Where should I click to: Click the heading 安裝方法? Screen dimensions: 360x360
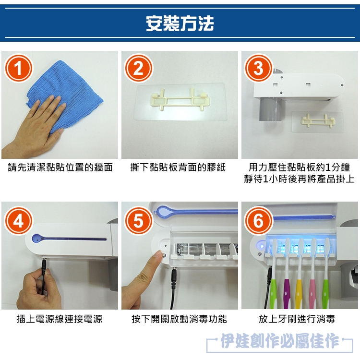tap(180, 23)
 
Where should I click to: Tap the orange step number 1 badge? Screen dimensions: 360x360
tap(19, 68)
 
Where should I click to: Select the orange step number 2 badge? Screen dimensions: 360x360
tap(138, 68)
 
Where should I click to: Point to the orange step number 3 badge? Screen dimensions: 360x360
tap(258, 68)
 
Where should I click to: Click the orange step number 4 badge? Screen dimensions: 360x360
tap(19, 221)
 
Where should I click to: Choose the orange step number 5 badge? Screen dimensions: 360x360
tap(138, 221)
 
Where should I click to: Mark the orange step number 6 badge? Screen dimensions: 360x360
tap(258, 221)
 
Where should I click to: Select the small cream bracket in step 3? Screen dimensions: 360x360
tap(318, 121)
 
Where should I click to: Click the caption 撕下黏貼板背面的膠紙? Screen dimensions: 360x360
tap(178, 168)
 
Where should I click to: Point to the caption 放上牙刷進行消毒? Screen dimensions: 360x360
tap(297, 319)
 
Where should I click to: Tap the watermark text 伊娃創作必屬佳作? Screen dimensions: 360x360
tap(280, 341)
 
